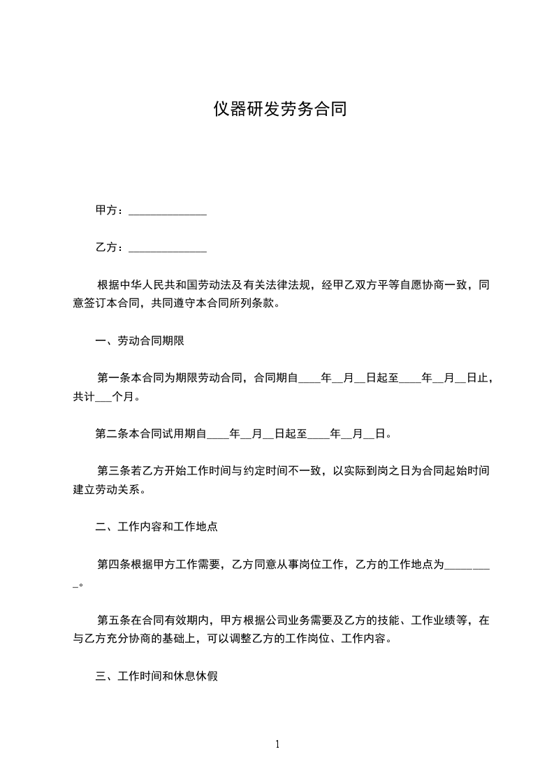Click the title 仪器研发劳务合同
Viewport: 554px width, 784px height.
[279, 110]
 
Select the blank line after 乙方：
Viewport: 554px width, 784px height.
[168, 248]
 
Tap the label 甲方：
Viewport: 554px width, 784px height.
[110, 210]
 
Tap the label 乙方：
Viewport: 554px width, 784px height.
[110, 247]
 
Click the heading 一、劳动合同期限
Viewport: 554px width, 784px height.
[140, 342]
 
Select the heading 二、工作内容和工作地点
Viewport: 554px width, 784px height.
[156, 527]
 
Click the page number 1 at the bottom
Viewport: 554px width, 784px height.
[277, 744]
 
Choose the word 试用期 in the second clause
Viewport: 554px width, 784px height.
[180, 434]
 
